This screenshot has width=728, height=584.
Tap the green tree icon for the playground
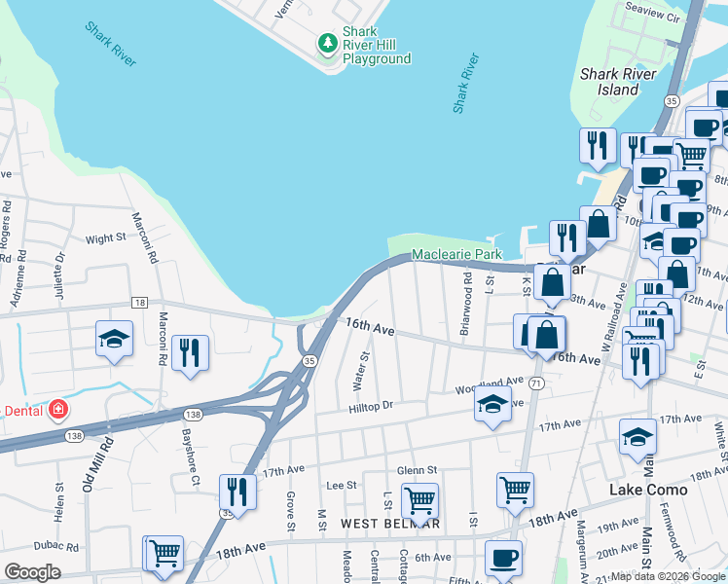coord(328,43)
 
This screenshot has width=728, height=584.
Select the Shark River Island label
coord(622,82)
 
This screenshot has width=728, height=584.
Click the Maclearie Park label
coord(455,254)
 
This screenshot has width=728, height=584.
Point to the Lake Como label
coord(648,490)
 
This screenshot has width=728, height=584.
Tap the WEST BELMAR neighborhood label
coord(390,524)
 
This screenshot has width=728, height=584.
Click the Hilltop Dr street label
coord(371,406)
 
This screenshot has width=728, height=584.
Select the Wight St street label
coord(106,237)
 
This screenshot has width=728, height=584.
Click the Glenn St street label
coord(416,470)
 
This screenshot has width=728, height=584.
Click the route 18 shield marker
coord(140,303)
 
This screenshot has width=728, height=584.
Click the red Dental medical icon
coord(58,409)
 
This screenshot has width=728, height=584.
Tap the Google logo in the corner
coord(33,572)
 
